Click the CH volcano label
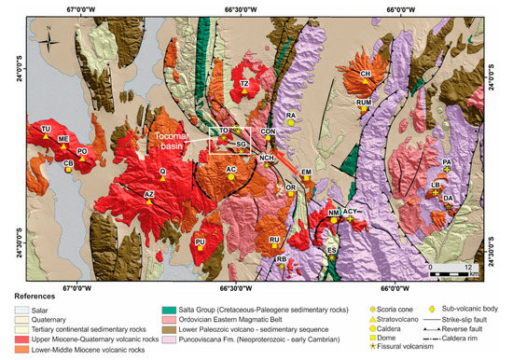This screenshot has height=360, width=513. (366, 74)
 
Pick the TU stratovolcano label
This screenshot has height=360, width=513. (45, 128)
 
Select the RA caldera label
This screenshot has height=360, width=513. (291, 116)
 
